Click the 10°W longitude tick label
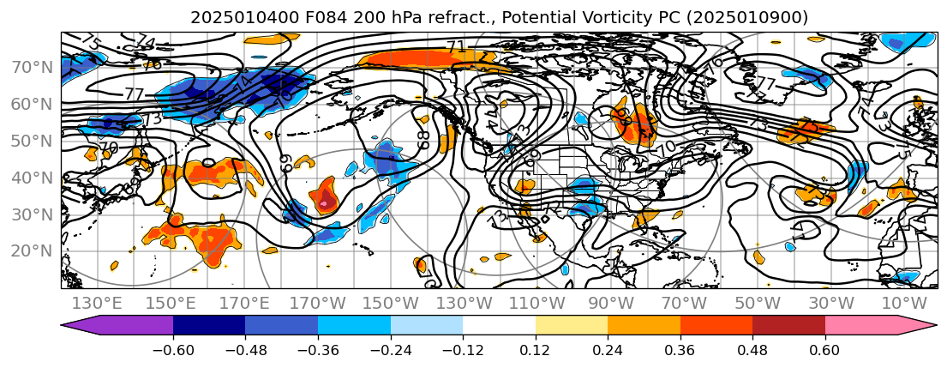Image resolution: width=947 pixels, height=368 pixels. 904,304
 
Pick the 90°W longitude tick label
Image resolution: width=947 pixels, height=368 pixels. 610,304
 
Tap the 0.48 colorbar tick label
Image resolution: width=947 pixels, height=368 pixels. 752,350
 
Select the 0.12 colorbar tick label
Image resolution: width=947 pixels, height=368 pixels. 536,350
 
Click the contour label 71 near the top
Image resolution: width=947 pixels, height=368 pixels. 456,47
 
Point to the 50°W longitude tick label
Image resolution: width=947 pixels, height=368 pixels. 758,304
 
